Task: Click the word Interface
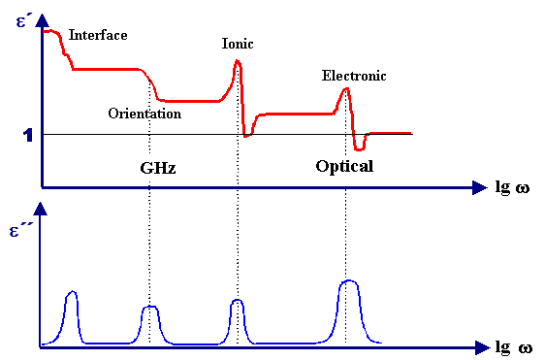(98, 35)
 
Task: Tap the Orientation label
(144, 114)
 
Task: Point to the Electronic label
(354, 76)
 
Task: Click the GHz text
(158, 167)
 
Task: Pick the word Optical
(344, 166)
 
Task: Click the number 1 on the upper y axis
(29, 135)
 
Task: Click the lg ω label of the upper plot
(513, 185)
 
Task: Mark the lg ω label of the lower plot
(513, 346)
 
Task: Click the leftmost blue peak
(71, 294)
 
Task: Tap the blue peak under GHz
(149, 309)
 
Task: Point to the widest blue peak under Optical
(349, 283)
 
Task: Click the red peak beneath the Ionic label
(237, 64)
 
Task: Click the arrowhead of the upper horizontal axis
(478, 186)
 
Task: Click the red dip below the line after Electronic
(360, 148)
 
